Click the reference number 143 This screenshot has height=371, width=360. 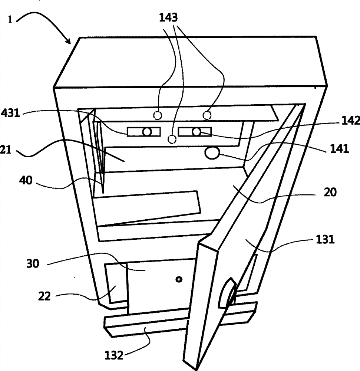pos(169,18)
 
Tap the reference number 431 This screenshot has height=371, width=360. pos(10,113)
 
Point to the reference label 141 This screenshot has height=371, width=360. pos(340,149)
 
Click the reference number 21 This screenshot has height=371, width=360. pos(6,150)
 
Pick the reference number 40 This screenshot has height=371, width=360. pos(26,181)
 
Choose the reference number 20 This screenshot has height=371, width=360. pos(330,192)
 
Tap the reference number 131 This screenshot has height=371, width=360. pos(325,240)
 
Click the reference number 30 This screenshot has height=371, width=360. pos(33,263)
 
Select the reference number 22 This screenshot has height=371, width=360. pos(44,296)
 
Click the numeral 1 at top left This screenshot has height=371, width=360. pos(10,19)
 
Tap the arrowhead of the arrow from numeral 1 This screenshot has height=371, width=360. pos(69,42)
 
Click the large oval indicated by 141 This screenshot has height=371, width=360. pos(212,153)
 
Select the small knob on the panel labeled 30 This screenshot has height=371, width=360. pos(179,279)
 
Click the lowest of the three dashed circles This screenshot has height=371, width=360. pos(172,139)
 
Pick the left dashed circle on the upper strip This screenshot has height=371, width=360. pos(158,115)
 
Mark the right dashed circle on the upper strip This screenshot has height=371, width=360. pos(207,115)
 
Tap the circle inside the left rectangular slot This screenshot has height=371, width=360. pos(147,132)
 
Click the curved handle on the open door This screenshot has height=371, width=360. pos(227,293)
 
